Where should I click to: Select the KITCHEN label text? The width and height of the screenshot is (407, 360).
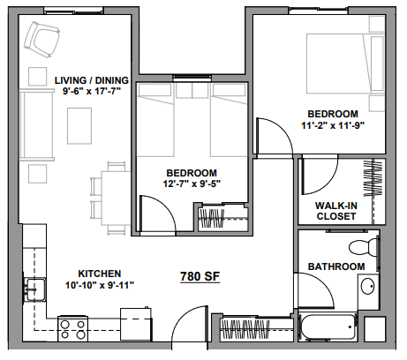click(x=87, y=274)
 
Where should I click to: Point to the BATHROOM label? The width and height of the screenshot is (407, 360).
click(x=335, y=266)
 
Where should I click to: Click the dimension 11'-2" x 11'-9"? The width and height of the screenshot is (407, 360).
click(x=333, y=125)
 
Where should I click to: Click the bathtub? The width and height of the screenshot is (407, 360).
click(x=331, y=329)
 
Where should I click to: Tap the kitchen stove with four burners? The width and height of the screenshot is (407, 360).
click(x=72, y=328)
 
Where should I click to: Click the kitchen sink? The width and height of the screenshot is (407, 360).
click(x=35, y=288)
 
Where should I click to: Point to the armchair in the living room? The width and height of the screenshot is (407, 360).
click(x=41, y=37)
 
